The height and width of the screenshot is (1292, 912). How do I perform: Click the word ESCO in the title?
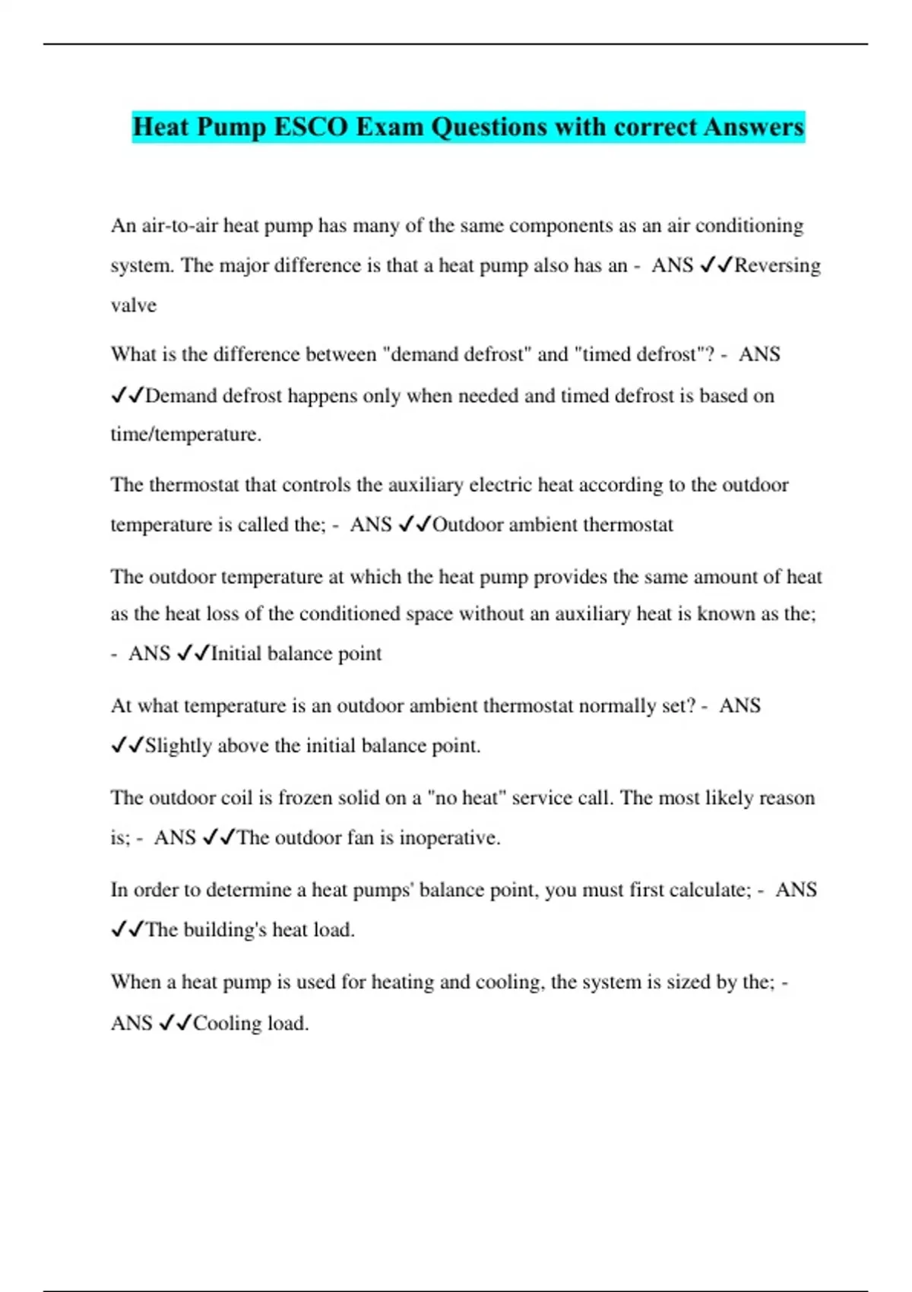311,127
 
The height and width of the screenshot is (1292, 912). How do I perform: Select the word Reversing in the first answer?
777,265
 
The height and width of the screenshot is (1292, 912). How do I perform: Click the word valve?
134,306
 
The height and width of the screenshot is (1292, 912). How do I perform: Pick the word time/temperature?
186,434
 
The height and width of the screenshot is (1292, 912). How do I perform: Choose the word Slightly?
179,746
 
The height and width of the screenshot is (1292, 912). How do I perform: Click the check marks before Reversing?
715,265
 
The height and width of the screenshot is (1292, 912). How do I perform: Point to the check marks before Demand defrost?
127,395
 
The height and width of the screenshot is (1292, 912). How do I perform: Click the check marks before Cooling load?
175,1023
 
